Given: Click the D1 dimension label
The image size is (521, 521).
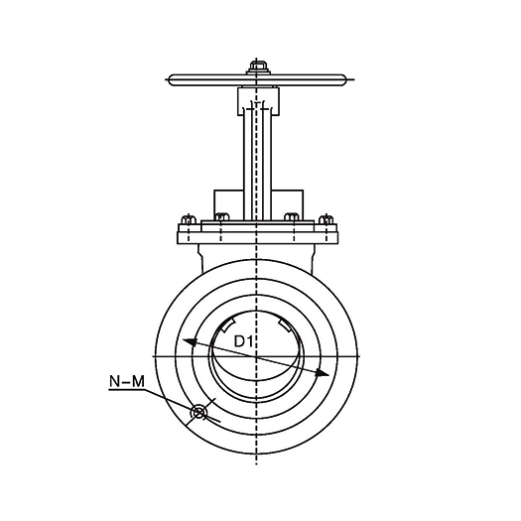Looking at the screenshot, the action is [243, 341].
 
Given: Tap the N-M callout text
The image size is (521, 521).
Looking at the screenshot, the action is [127, 381].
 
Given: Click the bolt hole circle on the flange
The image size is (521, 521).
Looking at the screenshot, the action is [198, 413].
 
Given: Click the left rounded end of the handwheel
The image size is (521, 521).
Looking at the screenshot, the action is [172, 80].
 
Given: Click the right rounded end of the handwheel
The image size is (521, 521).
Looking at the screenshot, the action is [341, 80].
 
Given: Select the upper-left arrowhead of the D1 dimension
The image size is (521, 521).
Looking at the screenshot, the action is [190, 342].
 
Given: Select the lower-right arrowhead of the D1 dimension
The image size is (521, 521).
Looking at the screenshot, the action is [322, 373].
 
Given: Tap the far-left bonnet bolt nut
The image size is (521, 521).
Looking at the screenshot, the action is [189, 219].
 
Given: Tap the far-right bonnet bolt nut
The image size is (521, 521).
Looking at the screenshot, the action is [326, 219].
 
